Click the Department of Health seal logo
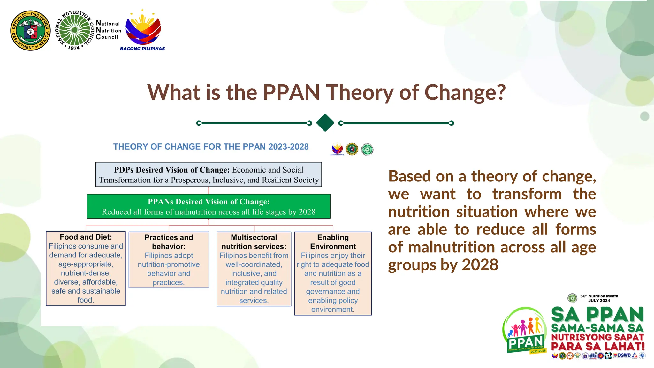pyautogui.click(x=30, y=30)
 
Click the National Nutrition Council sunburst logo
pyautogui.click(x=75, y=30)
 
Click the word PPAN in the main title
pyautogui.click(x=291, y=92)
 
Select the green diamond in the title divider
pyautogui.click(x=325, y=123)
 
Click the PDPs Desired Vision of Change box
pyautogui.click(x=209, y=174)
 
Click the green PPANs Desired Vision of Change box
pyautogui.click(x=209, y=206)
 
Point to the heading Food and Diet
pyautogui.click(x=86, y=237)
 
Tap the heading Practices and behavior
pyautogui.click(x=169, y=242)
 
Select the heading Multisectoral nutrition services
pyautogui.click(x=254, y=242)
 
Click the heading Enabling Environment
pyautogui.click(x=333, y=242)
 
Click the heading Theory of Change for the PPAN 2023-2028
pyautogui.click(x=211, y=147)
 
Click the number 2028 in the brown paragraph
pyautogui.click(x=480, y=265)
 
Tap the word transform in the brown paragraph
pyautogui.click(x=527, y=194)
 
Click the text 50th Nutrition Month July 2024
pyautogui.click(x=599, y=298)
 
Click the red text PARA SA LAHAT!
pyautogui.click(x=597, y=346)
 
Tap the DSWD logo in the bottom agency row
pyautogui.click(x=624, y=356)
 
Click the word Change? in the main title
pyautogui.click(x=465, y=92)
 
